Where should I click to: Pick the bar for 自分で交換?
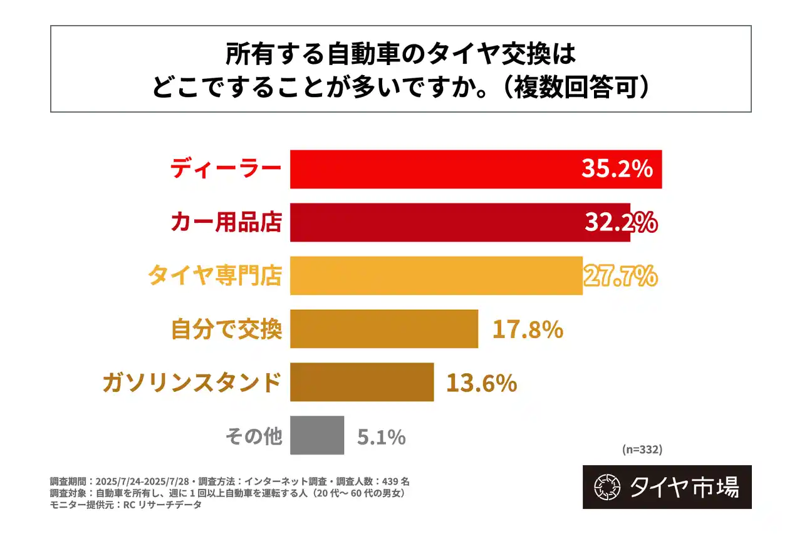tap(383, 329)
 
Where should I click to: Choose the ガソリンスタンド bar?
tap(362, 382)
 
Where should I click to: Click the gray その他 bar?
tap(317, 435)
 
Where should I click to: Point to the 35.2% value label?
tap(617, 169)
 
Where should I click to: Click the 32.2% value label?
tap(620, 222)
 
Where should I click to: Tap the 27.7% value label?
tap(620, 275)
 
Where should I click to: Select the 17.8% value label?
tap(528, 329)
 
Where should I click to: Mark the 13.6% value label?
tap(481, 383)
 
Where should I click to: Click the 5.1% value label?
tap(382, 436)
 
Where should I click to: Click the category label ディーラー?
tap(226, 169)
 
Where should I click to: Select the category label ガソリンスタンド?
tap(192, 382)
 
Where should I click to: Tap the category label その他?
tap(253, 436)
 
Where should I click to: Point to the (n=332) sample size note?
tap(642, 449)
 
